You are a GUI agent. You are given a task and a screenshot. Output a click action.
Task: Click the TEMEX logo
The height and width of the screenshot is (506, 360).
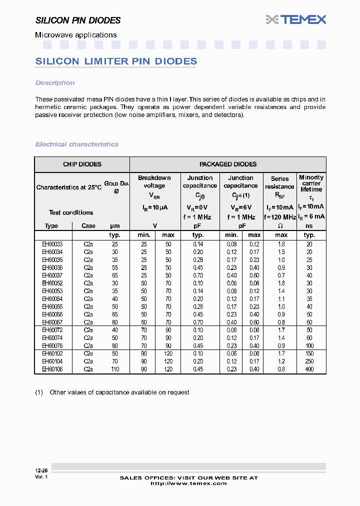click(296, 19)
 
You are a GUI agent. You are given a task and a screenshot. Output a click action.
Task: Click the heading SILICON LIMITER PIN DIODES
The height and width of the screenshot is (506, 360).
click(116, 61)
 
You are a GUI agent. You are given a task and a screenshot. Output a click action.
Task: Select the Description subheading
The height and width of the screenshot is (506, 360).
click(55, 83)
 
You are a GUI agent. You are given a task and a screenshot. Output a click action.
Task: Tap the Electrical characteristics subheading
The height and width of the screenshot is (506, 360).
click(77, 144)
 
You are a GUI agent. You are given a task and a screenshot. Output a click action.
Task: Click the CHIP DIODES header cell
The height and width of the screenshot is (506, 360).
click(82, 164)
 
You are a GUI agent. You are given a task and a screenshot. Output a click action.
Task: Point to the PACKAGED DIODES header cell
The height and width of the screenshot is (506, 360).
click(227, 164)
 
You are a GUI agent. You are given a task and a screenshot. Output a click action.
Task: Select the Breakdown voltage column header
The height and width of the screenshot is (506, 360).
click(154, 182)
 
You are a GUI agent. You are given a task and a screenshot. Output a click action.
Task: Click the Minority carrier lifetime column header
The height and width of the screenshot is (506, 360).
click(311, 183)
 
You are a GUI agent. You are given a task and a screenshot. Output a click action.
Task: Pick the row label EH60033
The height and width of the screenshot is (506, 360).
click(52, 244)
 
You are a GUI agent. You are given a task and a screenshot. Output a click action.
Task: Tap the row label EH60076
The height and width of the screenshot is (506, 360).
click(52, 345)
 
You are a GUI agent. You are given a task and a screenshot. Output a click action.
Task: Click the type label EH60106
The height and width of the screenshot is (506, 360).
click(52, 369)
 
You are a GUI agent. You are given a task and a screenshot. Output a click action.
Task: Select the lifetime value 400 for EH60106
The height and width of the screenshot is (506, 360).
click(309, 369)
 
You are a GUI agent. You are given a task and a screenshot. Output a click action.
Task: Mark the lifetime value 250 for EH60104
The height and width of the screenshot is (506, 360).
click(309, 361)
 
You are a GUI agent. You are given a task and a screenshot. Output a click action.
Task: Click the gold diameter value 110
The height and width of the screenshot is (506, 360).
click(115, 369)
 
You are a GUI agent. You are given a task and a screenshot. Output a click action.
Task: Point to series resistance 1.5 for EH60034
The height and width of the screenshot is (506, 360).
click(281, 252)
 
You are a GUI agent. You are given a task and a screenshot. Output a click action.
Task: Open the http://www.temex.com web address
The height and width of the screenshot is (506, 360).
click(188, 483)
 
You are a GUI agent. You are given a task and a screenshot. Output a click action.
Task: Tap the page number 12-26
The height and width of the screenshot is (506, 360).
click(41, 471)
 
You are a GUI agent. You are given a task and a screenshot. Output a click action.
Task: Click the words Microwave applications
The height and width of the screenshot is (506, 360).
click(75, 35)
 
